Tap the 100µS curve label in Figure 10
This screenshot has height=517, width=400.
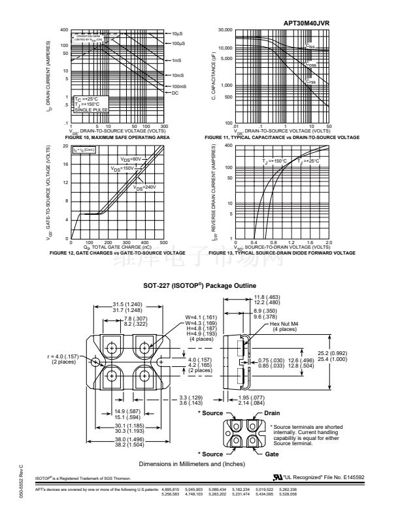tap(180, 43)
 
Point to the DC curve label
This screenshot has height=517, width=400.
tap(175, 93)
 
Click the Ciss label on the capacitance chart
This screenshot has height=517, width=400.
tap(310, 46)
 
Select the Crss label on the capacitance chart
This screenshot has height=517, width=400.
tap(311, 82)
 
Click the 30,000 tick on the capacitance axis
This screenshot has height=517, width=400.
tap(225, 30)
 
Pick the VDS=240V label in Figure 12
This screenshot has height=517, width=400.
tap(145, 187)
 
